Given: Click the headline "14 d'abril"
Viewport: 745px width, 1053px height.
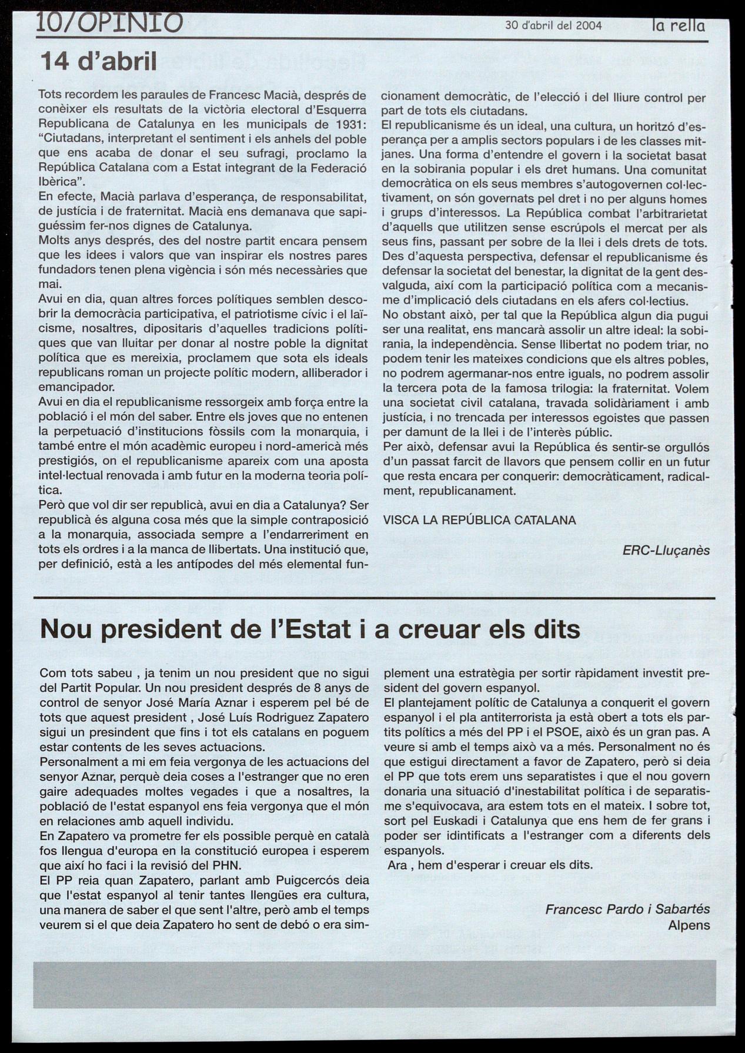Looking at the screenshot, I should [98, 61].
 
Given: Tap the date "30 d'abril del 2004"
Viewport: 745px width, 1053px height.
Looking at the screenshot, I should [554, 25].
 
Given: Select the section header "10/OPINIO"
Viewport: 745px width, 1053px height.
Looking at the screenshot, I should [109, 23].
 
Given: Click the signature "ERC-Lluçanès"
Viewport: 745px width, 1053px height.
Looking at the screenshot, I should [666, 551].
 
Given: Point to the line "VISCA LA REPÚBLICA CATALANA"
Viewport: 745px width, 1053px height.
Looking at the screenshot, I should [479, 520].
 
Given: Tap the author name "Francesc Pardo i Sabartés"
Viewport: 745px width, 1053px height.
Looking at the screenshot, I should [627, 908].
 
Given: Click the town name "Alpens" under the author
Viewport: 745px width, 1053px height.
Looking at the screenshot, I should [689, 924].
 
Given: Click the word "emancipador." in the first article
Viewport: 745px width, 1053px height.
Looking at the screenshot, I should [76, 387].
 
